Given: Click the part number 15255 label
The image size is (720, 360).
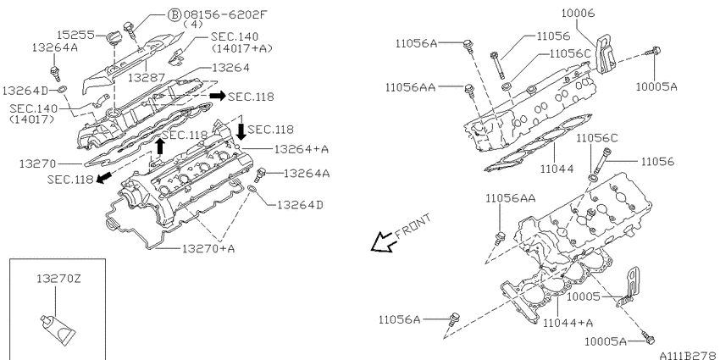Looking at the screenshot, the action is coord(75,35).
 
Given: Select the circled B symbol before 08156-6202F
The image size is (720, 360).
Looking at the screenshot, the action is coord(174,14).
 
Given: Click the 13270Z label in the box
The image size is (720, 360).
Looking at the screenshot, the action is coord(58,279).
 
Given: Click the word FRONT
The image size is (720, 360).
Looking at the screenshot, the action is coord(413,226).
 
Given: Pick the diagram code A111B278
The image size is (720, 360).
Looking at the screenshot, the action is coord(689,356).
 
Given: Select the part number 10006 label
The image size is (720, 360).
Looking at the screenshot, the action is coord(578,14).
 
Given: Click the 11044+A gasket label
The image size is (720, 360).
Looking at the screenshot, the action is coord(568,323).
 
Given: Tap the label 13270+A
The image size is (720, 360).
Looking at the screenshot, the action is coord(208,248).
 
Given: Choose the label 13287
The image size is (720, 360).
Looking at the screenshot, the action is coord(146,77).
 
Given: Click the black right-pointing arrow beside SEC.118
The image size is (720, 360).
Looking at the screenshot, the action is coord(217,96).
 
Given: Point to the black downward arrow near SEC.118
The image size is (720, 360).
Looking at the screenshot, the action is coord(241,132).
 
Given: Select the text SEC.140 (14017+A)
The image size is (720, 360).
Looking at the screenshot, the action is coord(235,42).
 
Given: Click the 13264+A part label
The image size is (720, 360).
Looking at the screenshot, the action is coord(302,149).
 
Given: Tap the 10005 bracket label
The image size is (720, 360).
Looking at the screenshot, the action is coord(583,296).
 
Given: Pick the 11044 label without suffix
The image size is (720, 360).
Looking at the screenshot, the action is coord(557,169).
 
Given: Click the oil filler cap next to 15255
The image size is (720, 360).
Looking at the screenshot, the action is coord(113,36).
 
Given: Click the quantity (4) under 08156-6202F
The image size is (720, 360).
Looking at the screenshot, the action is coord(193,25).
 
